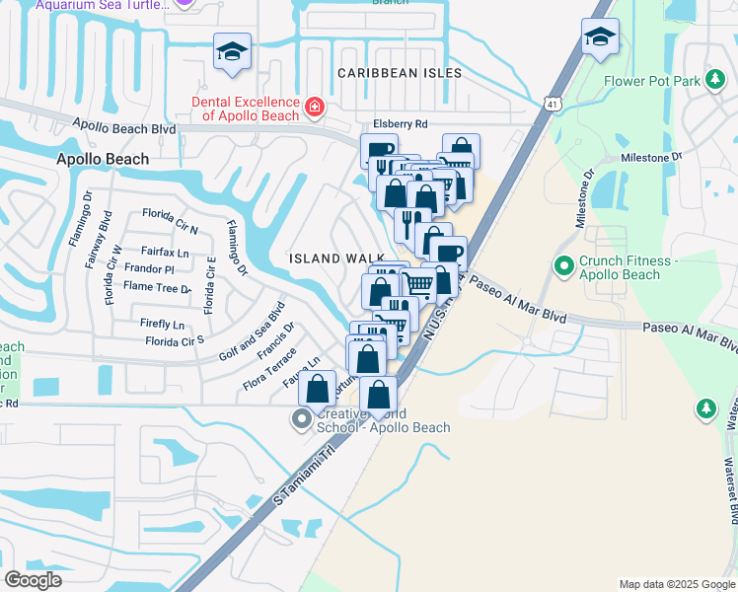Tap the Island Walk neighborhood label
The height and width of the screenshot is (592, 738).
click(x=336, y=258)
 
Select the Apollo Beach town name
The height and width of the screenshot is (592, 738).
click(x=103, y=159)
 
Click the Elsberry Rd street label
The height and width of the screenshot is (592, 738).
click(x=400, y=124)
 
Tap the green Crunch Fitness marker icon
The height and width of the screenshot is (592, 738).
click(x=564, y=264)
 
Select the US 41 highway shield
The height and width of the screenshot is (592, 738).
click(x=551, y=103)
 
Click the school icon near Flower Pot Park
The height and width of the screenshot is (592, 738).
click(x=600, y=38)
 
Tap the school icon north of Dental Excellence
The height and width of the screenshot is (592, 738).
click(x=232, y=52)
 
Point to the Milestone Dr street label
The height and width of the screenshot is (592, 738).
click(x=651, y=157)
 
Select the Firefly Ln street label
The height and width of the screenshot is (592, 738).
click(x=163, y=324)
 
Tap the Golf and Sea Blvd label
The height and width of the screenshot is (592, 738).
click(x=253, y=332)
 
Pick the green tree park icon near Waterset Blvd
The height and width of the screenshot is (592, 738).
click(x=705, y=407)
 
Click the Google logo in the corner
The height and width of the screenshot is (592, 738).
click(x=34, y=579)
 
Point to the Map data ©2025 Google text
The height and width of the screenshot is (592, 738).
click(x=676, y=584)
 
